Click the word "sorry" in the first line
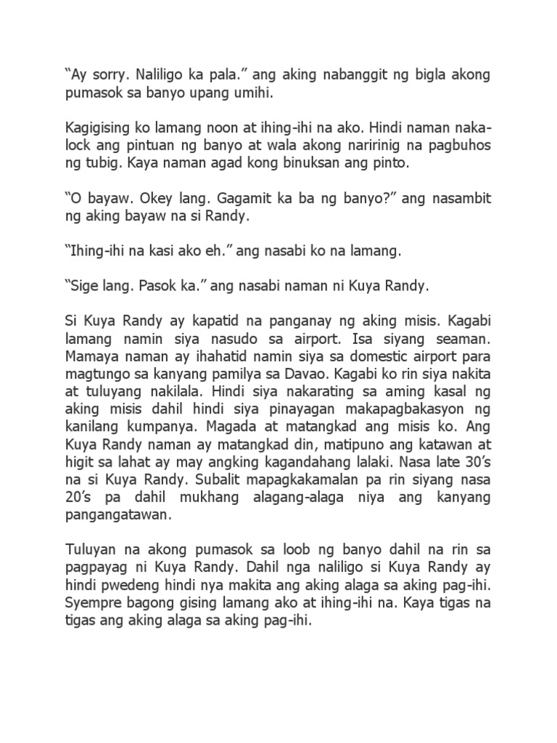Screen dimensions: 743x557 [102, 75]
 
